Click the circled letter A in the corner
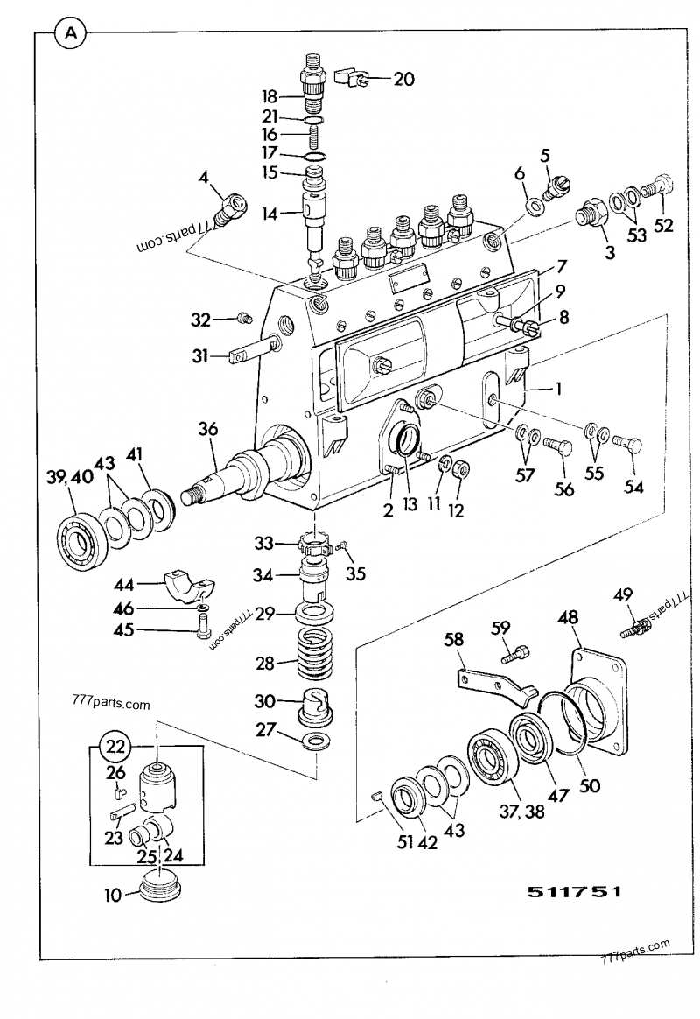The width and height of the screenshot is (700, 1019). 71,34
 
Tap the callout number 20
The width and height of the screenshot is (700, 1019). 402,79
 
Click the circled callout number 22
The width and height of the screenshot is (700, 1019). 114,747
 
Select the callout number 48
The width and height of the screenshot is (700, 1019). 567,618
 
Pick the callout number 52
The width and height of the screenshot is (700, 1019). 663,225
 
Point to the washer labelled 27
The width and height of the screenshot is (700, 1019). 318,743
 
